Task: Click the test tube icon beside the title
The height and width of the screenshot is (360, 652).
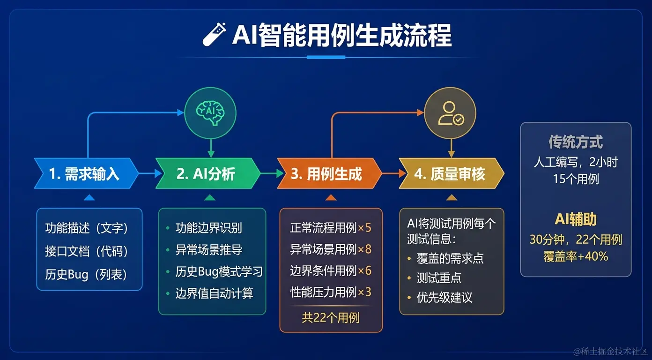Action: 214,35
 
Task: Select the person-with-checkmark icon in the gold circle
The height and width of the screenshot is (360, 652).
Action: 450,113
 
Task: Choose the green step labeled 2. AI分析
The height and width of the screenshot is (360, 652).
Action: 207,174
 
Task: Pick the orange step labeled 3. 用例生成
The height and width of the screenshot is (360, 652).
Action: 327,174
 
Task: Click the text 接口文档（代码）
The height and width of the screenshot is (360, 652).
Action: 87,251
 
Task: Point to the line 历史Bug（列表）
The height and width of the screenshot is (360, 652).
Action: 87,274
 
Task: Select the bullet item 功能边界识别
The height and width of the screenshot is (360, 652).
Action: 208,228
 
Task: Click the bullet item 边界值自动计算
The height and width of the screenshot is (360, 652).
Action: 214,293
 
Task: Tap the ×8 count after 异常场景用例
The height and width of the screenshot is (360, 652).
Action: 364,249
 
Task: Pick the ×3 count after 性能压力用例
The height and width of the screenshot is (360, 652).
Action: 364,292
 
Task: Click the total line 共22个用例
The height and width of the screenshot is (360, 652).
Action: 331,318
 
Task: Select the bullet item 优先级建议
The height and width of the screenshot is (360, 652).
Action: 445,297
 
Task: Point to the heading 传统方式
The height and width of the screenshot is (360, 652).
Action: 576,142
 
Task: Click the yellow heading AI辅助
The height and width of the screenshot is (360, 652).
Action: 576,219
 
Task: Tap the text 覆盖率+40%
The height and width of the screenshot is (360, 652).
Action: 576,256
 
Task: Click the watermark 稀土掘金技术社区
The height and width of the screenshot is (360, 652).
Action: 611,351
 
